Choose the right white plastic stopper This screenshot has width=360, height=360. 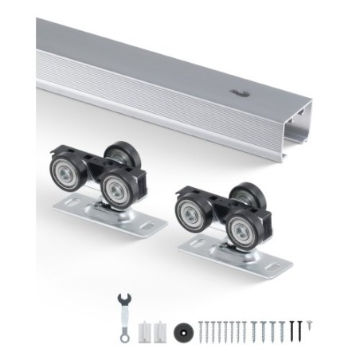click(162, 327)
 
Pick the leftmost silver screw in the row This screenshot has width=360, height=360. click(202, 328)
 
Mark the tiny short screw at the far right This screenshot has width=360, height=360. click(308, 325)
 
